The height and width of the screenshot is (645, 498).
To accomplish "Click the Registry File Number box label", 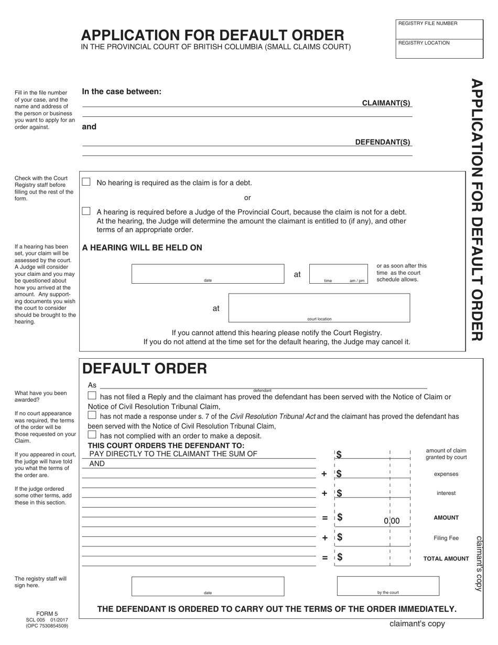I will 428,24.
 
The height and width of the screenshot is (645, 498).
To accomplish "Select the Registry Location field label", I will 424,43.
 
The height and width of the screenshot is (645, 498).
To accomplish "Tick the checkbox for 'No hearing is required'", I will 86,182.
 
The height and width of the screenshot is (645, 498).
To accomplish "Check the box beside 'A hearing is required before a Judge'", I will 86,211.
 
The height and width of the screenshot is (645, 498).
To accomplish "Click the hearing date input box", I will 208,273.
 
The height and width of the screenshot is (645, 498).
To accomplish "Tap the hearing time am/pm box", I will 339,273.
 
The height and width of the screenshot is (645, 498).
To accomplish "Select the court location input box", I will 319,307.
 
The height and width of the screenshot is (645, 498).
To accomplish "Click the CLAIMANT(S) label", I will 386,103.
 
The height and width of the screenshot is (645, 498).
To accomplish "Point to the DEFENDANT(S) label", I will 383,142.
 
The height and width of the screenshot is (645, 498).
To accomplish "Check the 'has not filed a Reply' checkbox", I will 92,395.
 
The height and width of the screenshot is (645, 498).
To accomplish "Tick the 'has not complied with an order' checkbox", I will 92,435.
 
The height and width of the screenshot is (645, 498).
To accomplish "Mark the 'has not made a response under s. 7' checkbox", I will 92,415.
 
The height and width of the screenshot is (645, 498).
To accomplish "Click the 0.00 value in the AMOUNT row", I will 392,521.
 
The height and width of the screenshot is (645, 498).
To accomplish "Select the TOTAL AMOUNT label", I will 446,559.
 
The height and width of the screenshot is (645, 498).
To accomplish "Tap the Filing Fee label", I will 446,538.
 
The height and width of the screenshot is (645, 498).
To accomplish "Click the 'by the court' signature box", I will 388,585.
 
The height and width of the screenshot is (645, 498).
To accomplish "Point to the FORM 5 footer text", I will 47,614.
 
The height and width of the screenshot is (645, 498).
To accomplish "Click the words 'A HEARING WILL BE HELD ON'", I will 142,248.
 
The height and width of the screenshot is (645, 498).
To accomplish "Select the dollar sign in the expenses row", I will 339,474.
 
